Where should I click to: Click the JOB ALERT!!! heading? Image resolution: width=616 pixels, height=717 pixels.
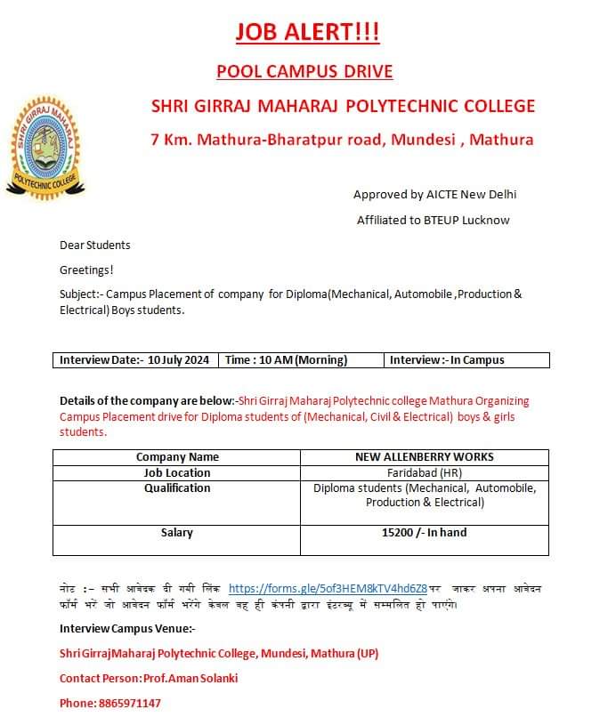[x=307, y=33]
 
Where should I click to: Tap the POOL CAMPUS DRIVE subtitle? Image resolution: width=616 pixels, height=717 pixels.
[x=304, y=71]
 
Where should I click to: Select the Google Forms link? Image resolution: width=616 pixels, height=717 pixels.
[x=328, y=588]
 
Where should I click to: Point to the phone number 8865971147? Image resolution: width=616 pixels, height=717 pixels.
[x=124, y=703]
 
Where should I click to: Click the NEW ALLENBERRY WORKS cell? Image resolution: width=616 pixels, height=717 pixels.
[x=424, y=457]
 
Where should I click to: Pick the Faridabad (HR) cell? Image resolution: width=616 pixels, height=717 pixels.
[x=424, y=472]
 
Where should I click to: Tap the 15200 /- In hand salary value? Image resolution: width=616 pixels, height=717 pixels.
[x=424, y=532]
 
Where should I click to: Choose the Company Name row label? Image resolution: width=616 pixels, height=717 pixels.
[x=177, y=457]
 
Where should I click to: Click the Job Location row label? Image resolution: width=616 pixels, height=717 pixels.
[x=177, y=472]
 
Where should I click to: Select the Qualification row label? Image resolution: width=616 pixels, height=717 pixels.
[x=177, y=487]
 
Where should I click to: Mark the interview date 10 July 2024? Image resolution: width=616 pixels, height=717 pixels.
[x=179, y=360]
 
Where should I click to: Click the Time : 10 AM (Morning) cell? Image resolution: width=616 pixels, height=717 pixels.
[x=286, y=360]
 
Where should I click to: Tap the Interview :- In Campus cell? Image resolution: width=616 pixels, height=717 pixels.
[x=447, y=360]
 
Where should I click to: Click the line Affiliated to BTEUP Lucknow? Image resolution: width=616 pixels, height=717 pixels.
[x=433, y=220]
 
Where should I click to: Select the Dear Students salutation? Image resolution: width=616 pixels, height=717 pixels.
[x=95, y=245]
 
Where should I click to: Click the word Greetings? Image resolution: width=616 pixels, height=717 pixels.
[x=86, y=270]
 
